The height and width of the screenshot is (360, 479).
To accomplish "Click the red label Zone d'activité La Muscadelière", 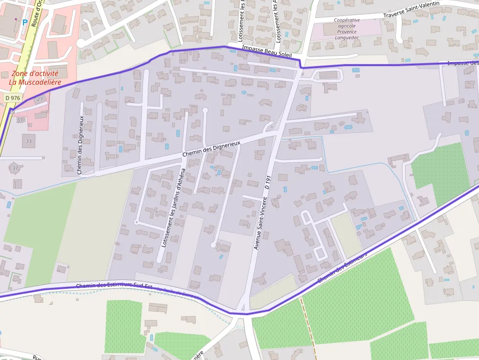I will pos(35,78).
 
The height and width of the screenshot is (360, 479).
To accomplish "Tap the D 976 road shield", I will pos(13,98).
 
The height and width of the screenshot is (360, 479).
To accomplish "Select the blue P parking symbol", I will pos(24,22).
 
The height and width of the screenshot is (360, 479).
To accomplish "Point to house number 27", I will pos(40,100).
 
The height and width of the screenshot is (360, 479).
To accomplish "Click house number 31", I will pos(20,120).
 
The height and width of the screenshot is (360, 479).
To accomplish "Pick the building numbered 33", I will pos(28,141).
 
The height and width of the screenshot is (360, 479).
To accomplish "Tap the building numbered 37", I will pos(15,168).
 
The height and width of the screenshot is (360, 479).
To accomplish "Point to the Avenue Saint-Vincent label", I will pos(259,223).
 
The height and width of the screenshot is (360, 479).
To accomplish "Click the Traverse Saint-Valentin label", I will pos(411,10).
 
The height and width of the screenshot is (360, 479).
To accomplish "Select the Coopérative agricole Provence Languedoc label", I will pos(346,29).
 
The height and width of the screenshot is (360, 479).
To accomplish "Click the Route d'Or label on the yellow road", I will pos(36,12).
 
